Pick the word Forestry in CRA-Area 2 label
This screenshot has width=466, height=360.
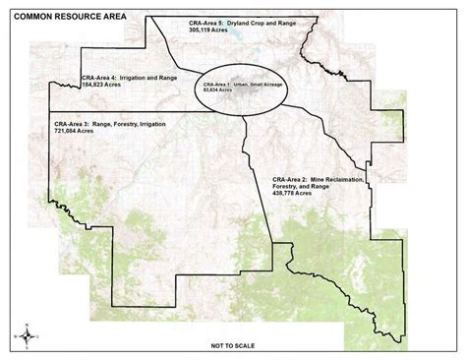point(293,190)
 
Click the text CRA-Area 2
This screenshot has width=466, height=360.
point(293,181)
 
